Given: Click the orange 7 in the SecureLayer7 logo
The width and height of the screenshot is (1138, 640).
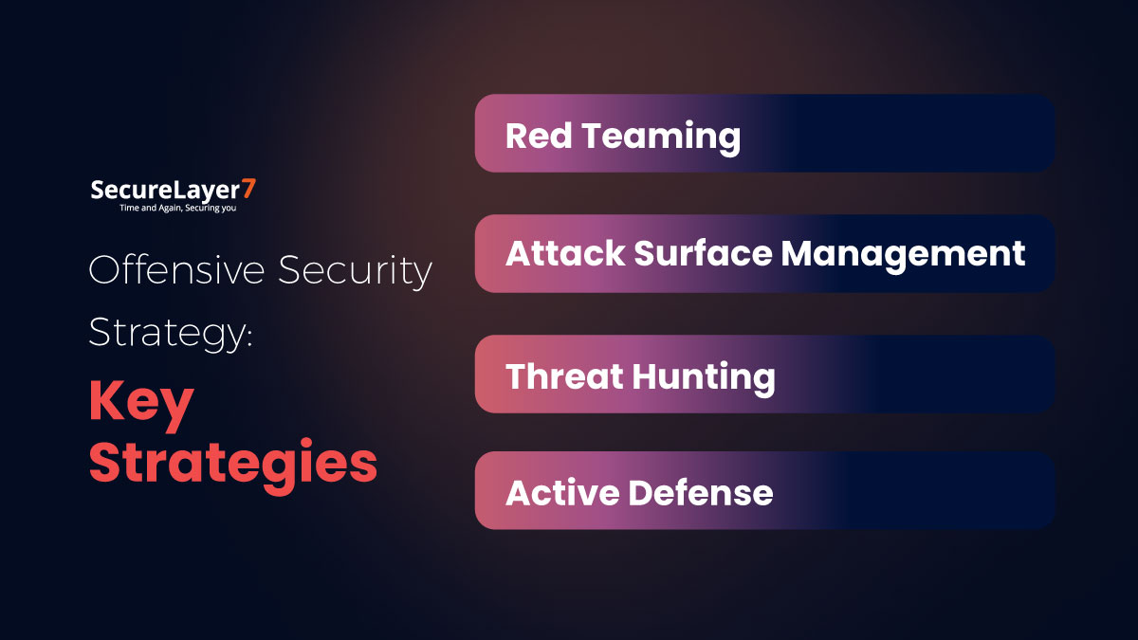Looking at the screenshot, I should coord(249,189).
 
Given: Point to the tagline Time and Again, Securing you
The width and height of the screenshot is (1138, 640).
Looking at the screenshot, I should coord(177,208).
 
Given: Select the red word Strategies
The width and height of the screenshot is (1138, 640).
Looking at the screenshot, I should coord(232,465).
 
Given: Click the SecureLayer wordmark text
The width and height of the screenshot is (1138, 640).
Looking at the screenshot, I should coord(166,190).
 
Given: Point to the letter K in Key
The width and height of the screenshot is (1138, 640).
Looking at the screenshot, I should coord(104,402).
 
